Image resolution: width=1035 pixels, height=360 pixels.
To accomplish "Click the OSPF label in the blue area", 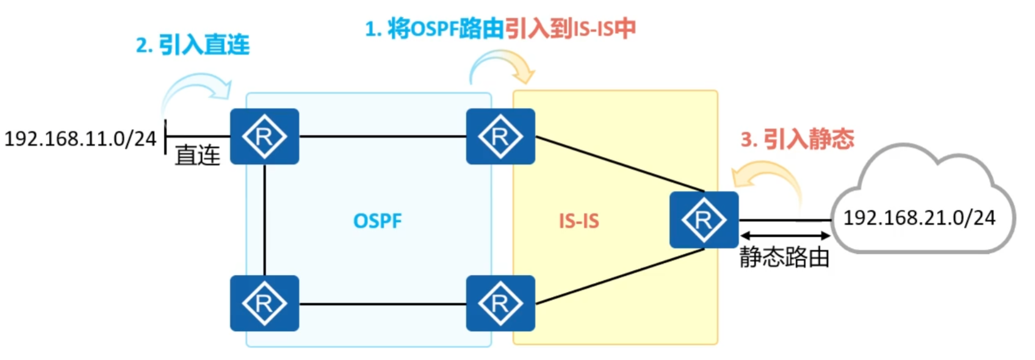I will [x=377, y=221].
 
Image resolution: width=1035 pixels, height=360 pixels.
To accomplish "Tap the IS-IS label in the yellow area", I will [x=579, y=221].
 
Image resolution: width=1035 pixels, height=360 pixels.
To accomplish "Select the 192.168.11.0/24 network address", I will [x=81, y=139].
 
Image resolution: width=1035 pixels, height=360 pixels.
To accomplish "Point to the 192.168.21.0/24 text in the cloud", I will [x=918, y=218].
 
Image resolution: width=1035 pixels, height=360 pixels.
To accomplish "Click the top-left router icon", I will [x=264, y=137].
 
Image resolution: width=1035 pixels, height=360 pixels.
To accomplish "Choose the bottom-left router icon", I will [x=264, y=303].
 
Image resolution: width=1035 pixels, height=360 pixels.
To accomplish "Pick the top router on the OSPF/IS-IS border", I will [x=500, y=137].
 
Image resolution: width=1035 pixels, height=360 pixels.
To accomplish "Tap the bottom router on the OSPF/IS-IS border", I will [x=500, y=303].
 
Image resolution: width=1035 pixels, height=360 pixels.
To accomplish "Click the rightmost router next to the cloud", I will [x=704, y=220].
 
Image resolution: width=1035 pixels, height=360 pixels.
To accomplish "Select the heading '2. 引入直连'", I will [x=193, y=45].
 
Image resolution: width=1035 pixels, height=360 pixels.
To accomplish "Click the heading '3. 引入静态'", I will [x=797, y=139].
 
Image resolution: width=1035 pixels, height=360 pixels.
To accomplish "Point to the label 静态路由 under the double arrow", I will [x=784, y=257].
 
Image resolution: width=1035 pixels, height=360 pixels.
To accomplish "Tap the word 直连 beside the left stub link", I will [x=197, y=156].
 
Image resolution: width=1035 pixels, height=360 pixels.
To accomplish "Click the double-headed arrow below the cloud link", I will [x=785, y=236].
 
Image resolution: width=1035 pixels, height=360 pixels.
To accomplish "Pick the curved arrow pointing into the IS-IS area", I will [x=502, y=66].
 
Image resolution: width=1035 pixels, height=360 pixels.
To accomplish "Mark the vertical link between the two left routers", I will [x=265, y=220].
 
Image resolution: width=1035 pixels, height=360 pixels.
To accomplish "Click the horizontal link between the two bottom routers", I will [x=383, y=304].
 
